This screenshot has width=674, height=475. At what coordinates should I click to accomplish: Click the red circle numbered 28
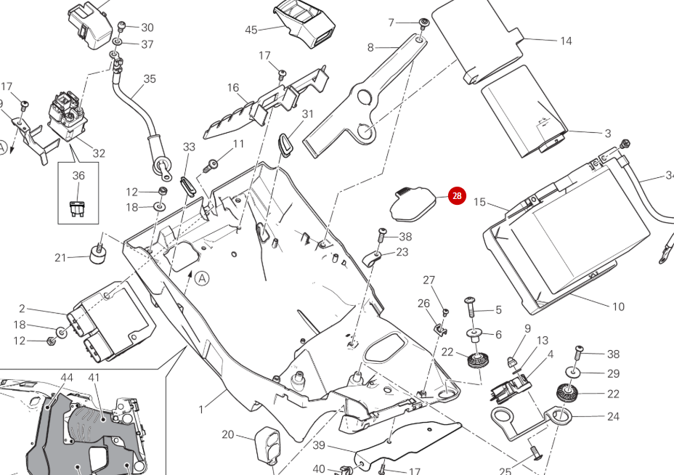tap(456, 196)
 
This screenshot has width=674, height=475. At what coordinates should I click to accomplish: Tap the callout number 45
tap(251, 30)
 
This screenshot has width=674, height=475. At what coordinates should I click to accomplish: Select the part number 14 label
tap(566, 41)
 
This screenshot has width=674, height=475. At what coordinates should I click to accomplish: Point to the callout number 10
tap(617, 306)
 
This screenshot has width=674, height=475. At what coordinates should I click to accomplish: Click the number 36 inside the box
tap(78, 176)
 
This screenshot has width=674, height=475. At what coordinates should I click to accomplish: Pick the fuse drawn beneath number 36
tap(78, 207)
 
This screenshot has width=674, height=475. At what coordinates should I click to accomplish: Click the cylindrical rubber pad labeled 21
tap(97, 255)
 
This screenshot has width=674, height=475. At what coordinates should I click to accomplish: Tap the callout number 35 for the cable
tap(150, 79)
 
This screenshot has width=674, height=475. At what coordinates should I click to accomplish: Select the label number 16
tap(232, 88)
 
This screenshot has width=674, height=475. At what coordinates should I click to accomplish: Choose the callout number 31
tap(308, 114)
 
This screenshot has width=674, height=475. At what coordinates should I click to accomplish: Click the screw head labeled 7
tap(424, 24)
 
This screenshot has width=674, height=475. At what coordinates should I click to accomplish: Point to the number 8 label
tap(370, 48)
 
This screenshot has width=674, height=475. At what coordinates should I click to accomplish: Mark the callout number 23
tap(402, 252)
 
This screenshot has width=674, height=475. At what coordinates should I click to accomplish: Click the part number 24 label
tap(613, 416)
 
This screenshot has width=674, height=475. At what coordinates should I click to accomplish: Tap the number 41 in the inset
tap(94, 378)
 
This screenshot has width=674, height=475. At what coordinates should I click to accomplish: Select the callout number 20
tap(228, 434)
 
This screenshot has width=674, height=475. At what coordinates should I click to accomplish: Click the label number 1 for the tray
tap(201, 410)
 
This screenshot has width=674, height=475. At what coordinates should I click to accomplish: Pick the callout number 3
tap(607, 134)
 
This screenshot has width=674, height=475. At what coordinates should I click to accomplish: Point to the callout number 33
tap(189, 147)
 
